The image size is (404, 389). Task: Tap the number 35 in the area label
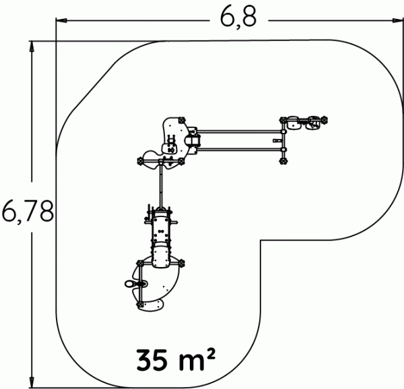[151, 360]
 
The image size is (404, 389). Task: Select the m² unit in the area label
[197, 359]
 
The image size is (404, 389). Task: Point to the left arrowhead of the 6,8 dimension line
[61, 20]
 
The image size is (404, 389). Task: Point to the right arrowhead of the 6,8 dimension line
[398, 20]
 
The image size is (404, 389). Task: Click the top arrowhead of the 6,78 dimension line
[32, 47]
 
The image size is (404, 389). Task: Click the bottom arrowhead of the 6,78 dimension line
[32, 382]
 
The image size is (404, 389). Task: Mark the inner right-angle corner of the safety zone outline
[261, 241]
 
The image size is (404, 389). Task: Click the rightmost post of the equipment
[324, 120]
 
